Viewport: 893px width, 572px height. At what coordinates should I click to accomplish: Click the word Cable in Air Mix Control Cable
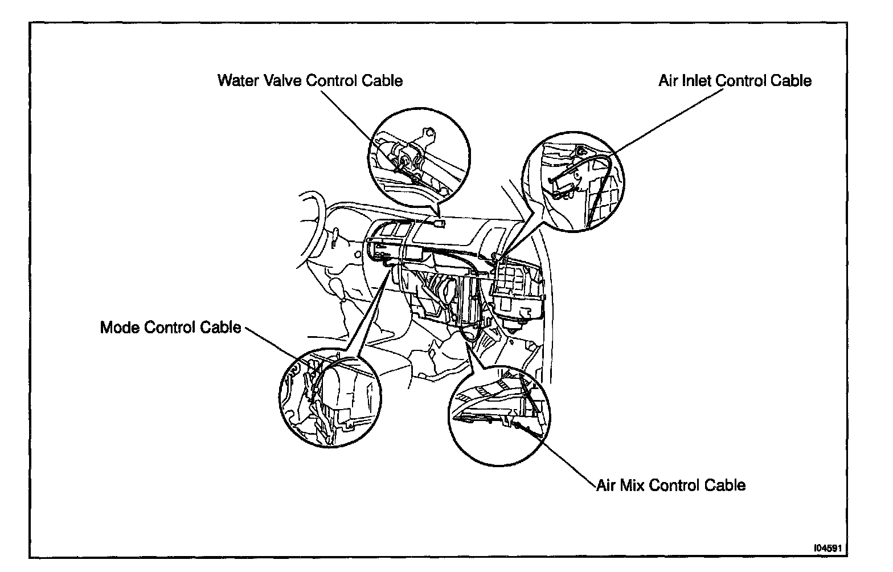(725, 485)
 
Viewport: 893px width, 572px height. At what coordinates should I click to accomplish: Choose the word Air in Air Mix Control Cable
(606, 485)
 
